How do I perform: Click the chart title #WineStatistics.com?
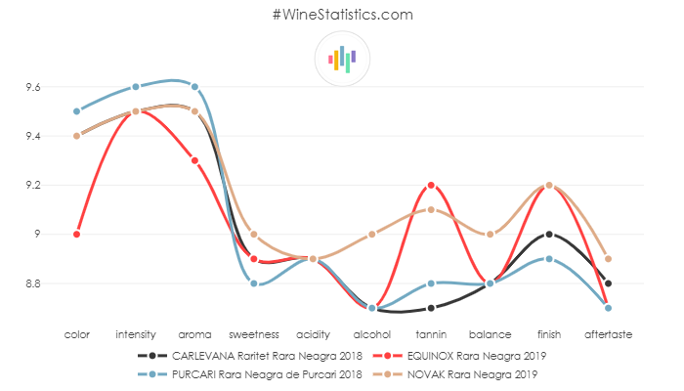342,15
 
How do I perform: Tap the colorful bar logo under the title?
342,59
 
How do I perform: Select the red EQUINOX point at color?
76,234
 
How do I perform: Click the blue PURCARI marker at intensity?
136,87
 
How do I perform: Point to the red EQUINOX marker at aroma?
194,160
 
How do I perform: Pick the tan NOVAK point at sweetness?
254,234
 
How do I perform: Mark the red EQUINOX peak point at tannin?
431,185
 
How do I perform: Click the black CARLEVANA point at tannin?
431,308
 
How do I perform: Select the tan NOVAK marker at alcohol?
372,234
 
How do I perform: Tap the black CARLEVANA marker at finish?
549,234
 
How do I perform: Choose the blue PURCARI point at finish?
549,259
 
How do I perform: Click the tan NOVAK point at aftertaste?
608,259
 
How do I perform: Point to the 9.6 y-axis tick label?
33,87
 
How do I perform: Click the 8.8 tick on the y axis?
33,283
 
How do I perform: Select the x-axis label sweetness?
254,334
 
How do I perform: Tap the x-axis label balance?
490,334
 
